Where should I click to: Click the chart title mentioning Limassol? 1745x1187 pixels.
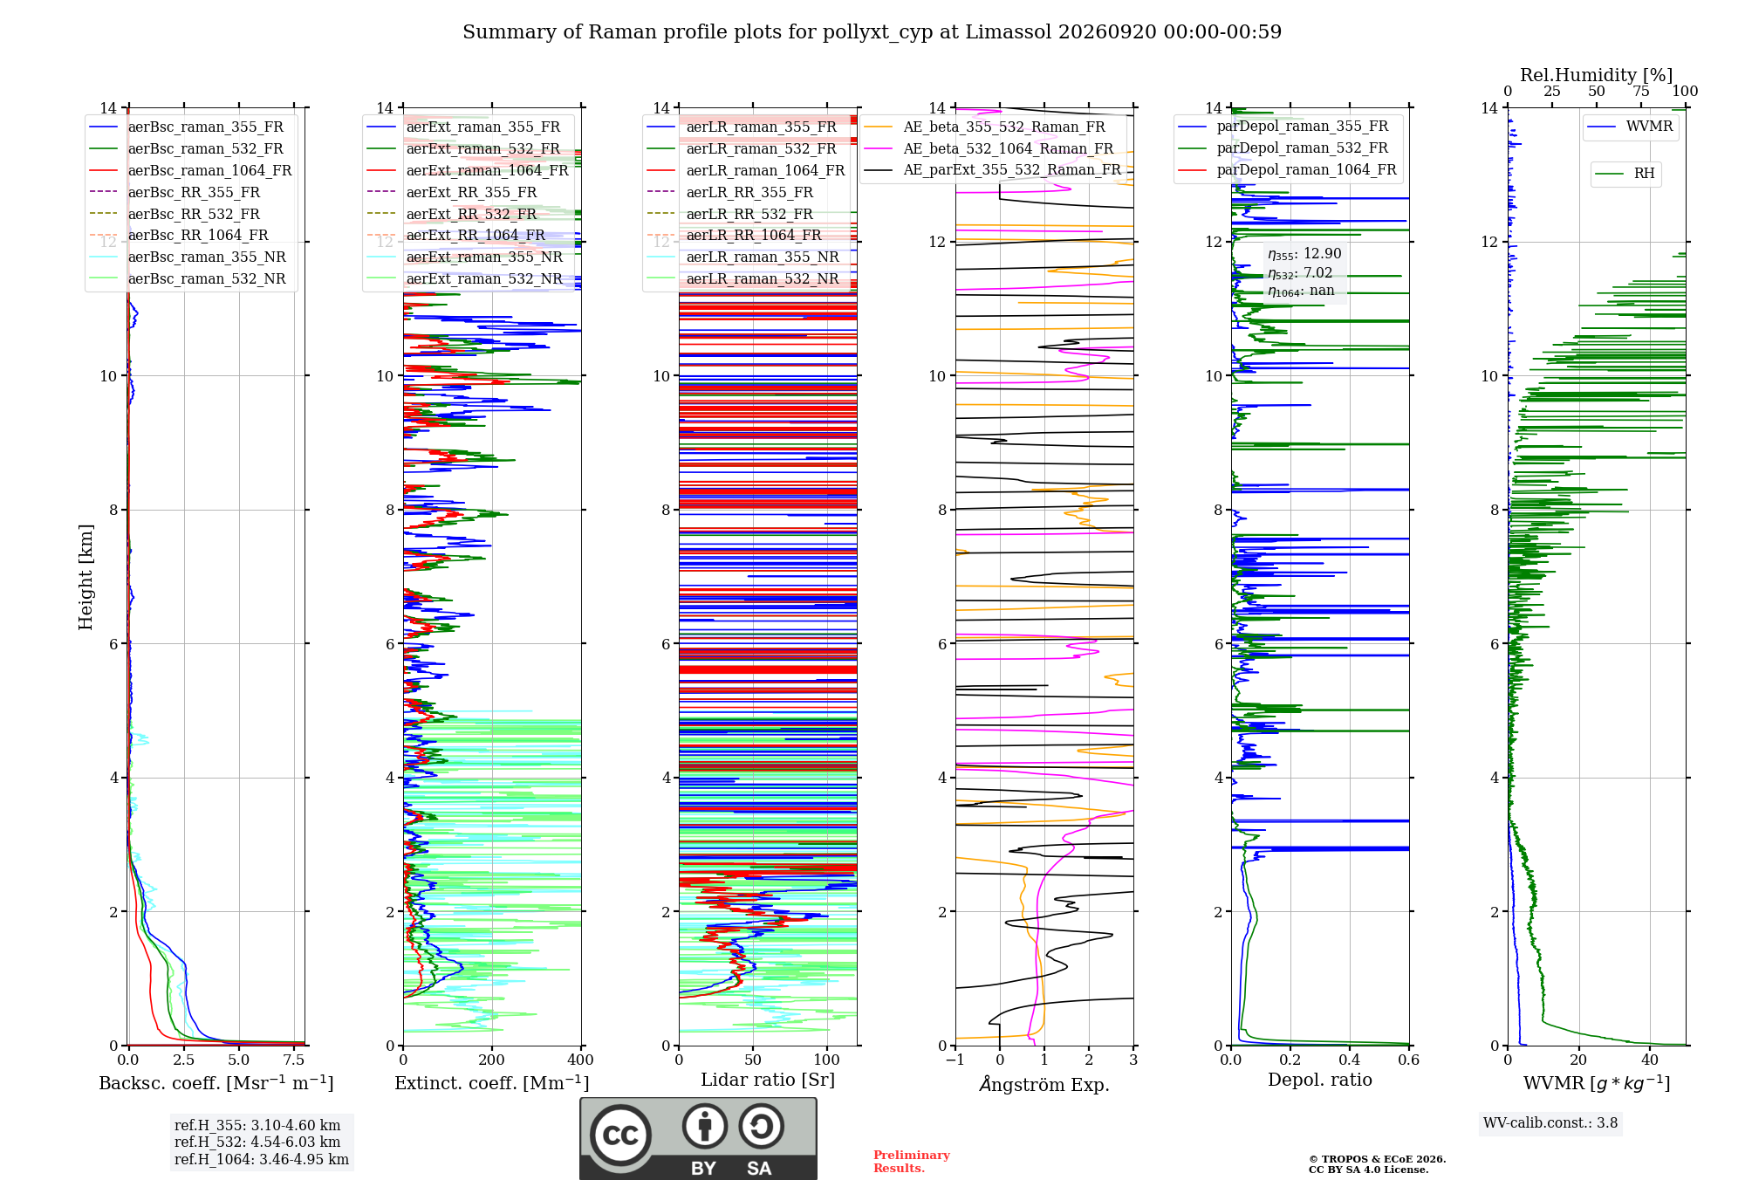click(x=872, y=32)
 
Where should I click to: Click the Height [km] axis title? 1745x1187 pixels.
click(x=86, y=577)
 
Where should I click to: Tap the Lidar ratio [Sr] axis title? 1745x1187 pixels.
click(x=768, y=1080)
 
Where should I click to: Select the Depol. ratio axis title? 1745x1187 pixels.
click(x=1320, y=1080)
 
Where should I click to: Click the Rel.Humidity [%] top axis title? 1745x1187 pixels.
click(x=1597, y=75)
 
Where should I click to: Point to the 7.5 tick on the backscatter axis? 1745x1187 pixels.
click(x=294, y=1060)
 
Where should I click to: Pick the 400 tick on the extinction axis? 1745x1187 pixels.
click(x=581, y=1060)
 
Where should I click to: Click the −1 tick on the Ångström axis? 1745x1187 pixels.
click(x=955, y=1060)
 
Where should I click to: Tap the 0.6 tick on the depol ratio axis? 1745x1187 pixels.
click(x=1409, y=1060)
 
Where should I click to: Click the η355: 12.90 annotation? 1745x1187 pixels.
click(x=1304, y=254)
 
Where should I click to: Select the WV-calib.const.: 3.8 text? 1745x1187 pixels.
click(x=1550, y=1122)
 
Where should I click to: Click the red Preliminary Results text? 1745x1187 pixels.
click(x=912, y=1162)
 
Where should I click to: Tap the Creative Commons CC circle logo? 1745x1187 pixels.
click(x=620, y=1136)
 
